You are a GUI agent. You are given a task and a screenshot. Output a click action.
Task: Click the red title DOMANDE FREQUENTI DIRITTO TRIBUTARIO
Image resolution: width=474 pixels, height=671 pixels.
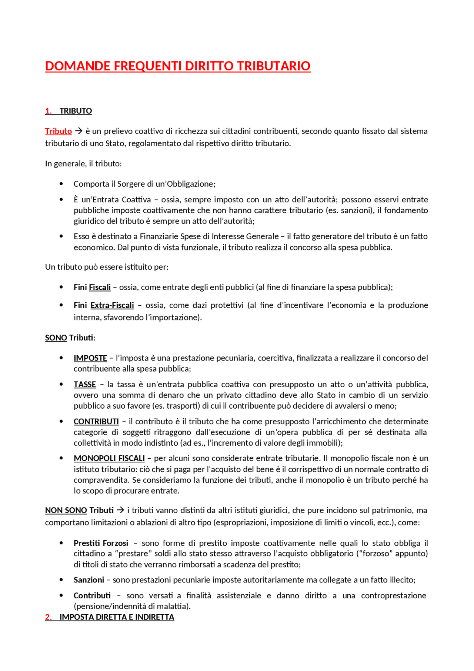(x=178, y=66)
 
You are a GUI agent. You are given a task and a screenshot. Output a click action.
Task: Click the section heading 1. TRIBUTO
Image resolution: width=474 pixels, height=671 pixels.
(x=69, y=111)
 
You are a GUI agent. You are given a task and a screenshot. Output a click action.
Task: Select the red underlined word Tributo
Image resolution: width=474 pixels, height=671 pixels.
(x=59, y=131)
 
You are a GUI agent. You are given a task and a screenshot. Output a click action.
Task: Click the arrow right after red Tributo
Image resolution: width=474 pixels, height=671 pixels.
(x=79, y=131)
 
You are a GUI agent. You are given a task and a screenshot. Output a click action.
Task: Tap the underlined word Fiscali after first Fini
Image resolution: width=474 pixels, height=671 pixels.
(x=100, y=287)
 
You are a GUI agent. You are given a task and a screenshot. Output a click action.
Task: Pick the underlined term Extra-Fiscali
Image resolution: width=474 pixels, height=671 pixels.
(x=112, y=305)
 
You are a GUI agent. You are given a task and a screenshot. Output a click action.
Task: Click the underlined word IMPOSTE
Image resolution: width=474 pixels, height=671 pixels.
(x=90, y=358)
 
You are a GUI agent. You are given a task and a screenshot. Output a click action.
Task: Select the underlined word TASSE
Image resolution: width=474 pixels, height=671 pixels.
(x=84, y=384)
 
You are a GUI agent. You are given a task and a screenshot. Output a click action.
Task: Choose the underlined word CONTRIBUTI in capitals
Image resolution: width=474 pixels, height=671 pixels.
(x=96, y=421)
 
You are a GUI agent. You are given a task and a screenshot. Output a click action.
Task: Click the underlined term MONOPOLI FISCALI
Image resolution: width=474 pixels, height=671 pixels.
(x=109, y=458)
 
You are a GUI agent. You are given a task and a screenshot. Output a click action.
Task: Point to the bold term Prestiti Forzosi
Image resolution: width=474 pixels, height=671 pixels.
(x=101, y=543)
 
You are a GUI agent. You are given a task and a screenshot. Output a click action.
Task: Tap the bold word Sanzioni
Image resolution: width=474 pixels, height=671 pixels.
(x=89, y=580)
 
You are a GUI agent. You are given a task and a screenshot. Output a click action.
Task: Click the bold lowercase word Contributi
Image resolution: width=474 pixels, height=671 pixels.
(x=92, y=595)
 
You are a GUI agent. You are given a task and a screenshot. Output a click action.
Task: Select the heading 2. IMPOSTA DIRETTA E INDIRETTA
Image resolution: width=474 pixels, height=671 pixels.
(x=110, y=617)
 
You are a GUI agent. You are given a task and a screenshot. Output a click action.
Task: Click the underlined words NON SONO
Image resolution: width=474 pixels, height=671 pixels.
(x=66, y=510)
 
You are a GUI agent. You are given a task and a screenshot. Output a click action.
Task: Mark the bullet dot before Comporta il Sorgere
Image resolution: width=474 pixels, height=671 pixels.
(x=61, y=184)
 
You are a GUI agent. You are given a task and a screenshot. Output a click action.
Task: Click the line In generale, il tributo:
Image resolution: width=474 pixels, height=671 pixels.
(x=83, y=163)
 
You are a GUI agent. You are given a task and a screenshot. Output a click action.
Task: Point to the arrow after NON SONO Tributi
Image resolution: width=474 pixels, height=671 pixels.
(x=120, y=510)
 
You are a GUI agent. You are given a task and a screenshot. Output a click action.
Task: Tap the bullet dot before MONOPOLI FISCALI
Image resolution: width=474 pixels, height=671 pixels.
(x=61, y=458)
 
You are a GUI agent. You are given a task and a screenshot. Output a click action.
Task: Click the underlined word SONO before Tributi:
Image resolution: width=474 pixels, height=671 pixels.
(x=56, y=338)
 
